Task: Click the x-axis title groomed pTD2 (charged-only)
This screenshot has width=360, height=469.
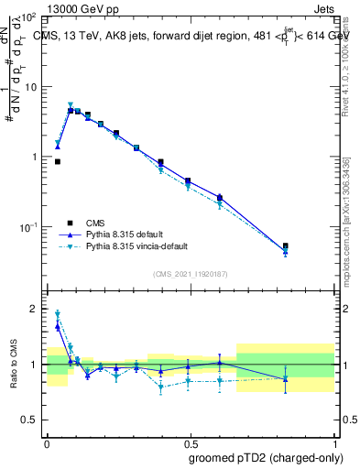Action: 267,458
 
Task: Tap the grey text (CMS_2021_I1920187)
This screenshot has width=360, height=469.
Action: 191,274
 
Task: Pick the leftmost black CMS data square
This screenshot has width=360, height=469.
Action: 58,161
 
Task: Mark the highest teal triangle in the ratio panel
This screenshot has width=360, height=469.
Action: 58,313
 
